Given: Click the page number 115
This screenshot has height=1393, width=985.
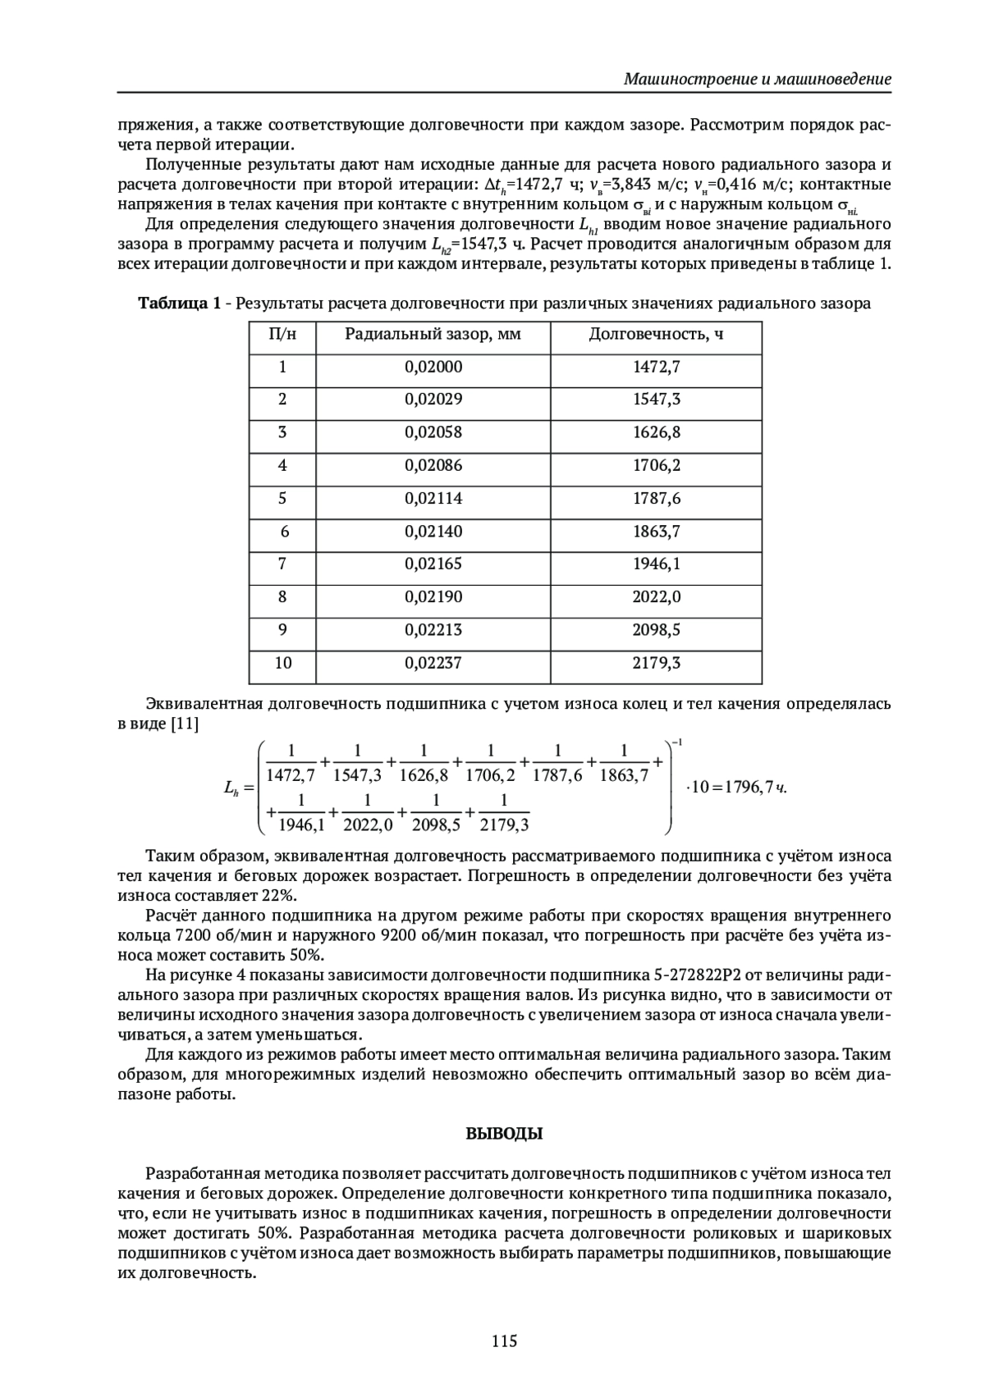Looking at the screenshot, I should click(x=504, y=1341).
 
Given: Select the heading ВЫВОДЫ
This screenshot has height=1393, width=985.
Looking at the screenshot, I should click(x=504, y=1135).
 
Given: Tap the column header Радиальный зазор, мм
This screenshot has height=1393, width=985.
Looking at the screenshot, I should click(x=433, y=335).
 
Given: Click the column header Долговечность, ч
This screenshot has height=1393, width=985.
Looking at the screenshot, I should click(x=656, y=335).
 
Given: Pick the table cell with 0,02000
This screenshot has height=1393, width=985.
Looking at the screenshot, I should click(x=433, y=368).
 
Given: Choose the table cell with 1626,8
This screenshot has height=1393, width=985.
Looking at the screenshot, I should click(x=656, y=433).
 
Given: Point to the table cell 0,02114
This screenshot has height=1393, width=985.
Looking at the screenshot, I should click(x=433, y=499).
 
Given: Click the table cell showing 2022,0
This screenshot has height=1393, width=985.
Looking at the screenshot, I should click(x=656, y=597).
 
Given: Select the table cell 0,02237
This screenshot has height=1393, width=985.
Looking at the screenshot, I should click(x=433, y=663).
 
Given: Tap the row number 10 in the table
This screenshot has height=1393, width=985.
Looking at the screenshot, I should click(x=282, y=663).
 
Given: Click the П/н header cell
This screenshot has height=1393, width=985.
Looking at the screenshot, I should click(x=282, y=335).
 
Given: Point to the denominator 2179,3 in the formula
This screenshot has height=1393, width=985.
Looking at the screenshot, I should click(x=504, y=824).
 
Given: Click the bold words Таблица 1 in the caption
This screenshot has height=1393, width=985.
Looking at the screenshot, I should click(x=179, y=304).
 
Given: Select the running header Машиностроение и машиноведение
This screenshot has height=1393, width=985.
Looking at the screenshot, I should click(x=757, y=80).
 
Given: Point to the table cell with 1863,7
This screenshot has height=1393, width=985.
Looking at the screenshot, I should click(x=656, y=532).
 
